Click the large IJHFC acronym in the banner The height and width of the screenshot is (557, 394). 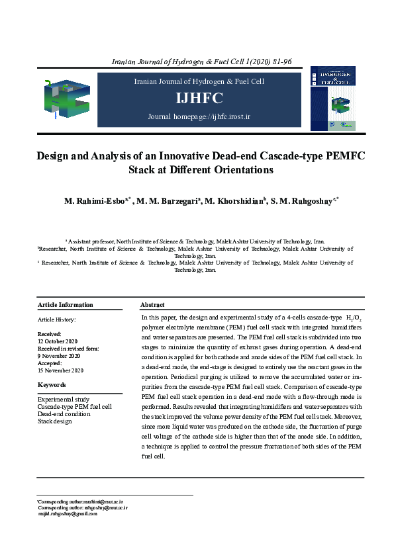pyautogui.click(x=199, y=99)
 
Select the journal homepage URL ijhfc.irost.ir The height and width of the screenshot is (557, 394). pyautogui.click(x=199, y=117)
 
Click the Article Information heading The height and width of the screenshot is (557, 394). pyautogui.click(x=66, y=305)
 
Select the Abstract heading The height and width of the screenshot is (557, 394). pyautogui.click(x=152, y=305)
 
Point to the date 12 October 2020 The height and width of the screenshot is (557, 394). pyautogui.click(x=62, y=341)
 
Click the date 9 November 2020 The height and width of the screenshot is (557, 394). pyautogui.click(x=62, y=356)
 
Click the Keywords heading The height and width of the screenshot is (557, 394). pyautogui.click(x=52, y=385)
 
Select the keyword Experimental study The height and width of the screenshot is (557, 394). pyautogui.click(x=64, y=400)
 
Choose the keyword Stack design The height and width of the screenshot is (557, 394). pyautogui.click(x=55, y=421)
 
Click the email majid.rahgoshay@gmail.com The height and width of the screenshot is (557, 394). pyautogui.click(x=68, y=513)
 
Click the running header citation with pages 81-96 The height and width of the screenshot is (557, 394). pyautogui.click(x=201, y=62)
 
